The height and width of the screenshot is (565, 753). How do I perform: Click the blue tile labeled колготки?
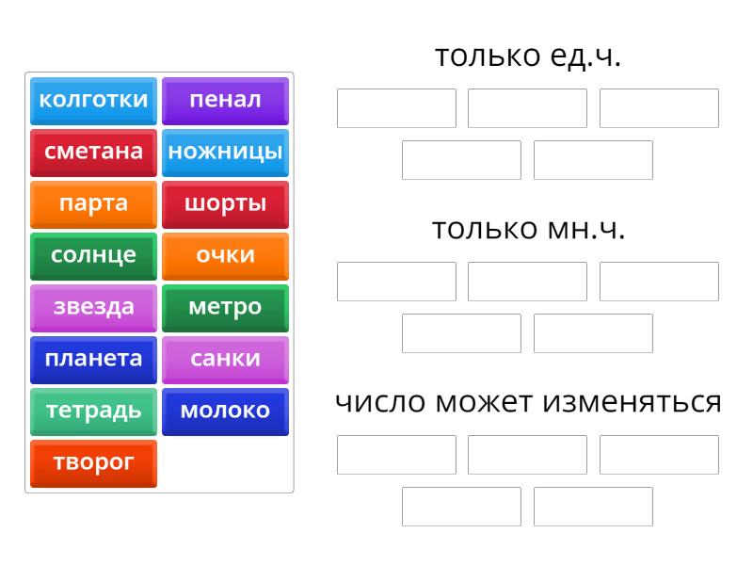pos(93,101)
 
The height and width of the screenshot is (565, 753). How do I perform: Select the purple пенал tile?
pos(225,101)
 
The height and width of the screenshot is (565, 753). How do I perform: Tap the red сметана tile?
pos(93,153)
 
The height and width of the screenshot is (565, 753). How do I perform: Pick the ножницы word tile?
pos(225,153)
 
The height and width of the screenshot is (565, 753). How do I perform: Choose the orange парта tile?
pos(93,204)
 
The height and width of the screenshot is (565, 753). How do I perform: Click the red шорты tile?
pos(225,204)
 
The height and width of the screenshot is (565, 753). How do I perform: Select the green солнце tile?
pos(93,256)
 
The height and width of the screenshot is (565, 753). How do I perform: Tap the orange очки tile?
pos(225,256)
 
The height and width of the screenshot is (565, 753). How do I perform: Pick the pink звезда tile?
pos(93,309)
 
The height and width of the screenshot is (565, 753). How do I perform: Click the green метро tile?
pos(225,309)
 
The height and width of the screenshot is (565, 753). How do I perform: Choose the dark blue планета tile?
pos(93,361)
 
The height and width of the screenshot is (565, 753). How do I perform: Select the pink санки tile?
pos(225,361)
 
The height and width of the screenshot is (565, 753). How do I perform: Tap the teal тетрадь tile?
pos(93,412)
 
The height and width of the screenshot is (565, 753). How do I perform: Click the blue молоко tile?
pos(225,412)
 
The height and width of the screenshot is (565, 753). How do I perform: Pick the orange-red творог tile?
pos(93,464)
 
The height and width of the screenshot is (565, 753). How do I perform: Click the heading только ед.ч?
pos(528,56)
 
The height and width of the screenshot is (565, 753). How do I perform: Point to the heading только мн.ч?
pos(528,229)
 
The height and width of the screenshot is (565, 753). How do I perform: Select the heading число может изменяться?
pos(528,402)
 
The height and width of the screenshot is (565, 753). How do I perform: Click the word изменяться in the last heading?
pos(632,403)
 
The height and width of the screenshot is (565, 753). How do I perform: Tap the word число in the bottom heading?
pos(380,403)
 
